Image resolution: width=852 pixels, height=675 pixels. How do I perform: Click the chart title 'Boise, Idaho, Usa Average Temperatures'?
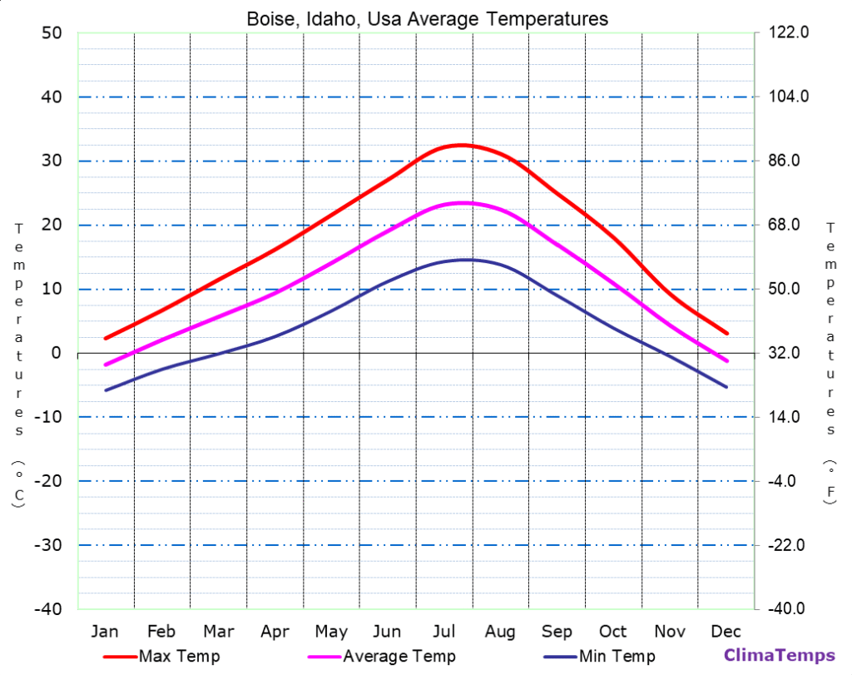pyautogui.click(x=427, y=18)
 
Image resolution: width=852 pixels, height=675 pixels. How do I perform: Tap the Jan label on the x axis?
pyautogui.click(x=105, y=631)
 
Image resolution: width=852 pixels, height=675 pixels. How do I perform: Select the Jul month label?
pyautogui.click(x=444, y=631)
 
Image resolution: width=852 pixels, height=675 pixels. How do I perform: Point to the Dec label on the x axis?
pyautogui.click(x=726, y=631)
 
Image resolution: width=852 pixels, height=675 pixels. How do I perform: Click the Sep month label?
pyautogui.click(x=557, y=631)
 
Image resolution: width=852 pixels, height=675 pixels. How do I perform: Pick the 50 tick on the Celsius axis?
pyautogui.click(x=51, y=33)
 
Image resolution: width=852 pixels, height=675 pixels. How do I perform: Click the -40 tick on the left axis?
pyautogui.click(x=47, y=609)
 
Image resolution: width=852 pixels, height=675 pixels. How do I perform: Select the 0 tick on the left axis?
pyautogui.click(x=57, y=353)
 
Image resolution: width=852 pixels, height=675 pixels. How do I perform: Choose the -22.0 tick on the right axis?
pyautogui.click(x=785, y=545)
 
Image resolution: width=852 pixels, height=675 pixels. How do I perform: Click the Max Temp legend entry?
pyautogui.click(x=162, y=657)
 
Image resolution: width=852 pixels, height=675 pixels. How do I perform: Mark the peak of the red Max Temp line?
pyautogui.click(x=462, y=145)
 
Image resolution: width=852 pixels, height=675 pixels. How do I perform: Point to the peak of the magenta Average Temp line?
pyautogui.click(x=463, y=202)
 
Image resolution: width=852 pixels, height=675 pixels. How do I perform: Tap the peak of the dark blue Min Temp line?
pyautogui.click(x=465, y=260)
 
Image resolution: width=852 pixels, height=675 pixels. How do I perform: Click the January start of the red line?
pyautogui.click(x=106, y=339)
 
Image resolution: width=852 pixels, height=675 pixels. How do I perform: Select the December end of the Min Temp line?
pyautogui.click(x=726, y=387)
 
